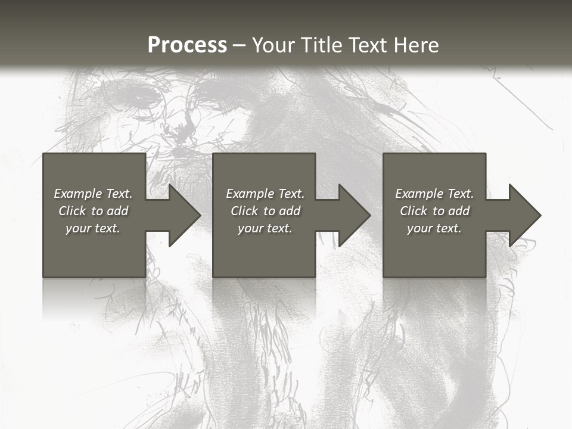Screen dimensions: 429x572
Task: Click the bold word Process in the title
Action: pos(187,45)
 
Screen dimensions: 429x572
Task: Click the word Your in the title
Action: pos(273,45)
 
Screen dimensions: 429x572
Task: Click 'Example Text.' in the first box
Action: pos(93,194)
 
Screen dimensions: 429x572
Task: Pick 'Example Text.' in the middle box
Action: pos(265,194)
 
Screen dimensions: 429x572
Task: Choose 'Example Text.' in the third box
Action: pos(434,194)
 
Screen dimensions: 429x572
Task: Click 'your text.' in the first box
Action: pos(93,228)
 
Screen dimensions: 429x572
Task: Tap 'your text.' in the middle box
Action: pos(265,228)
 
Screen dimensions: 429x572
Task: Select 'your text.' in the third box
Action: pos(434,228)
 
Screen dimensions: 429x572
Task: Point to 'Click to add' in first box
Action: pos(93,211)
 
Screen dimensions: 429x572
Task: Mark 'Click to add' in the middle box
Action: pos(265,211)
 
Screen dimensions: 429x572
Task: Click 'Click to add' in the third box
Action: pos(434,211)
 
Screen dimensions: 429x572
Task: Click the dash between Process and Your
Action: pos(240,46)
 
